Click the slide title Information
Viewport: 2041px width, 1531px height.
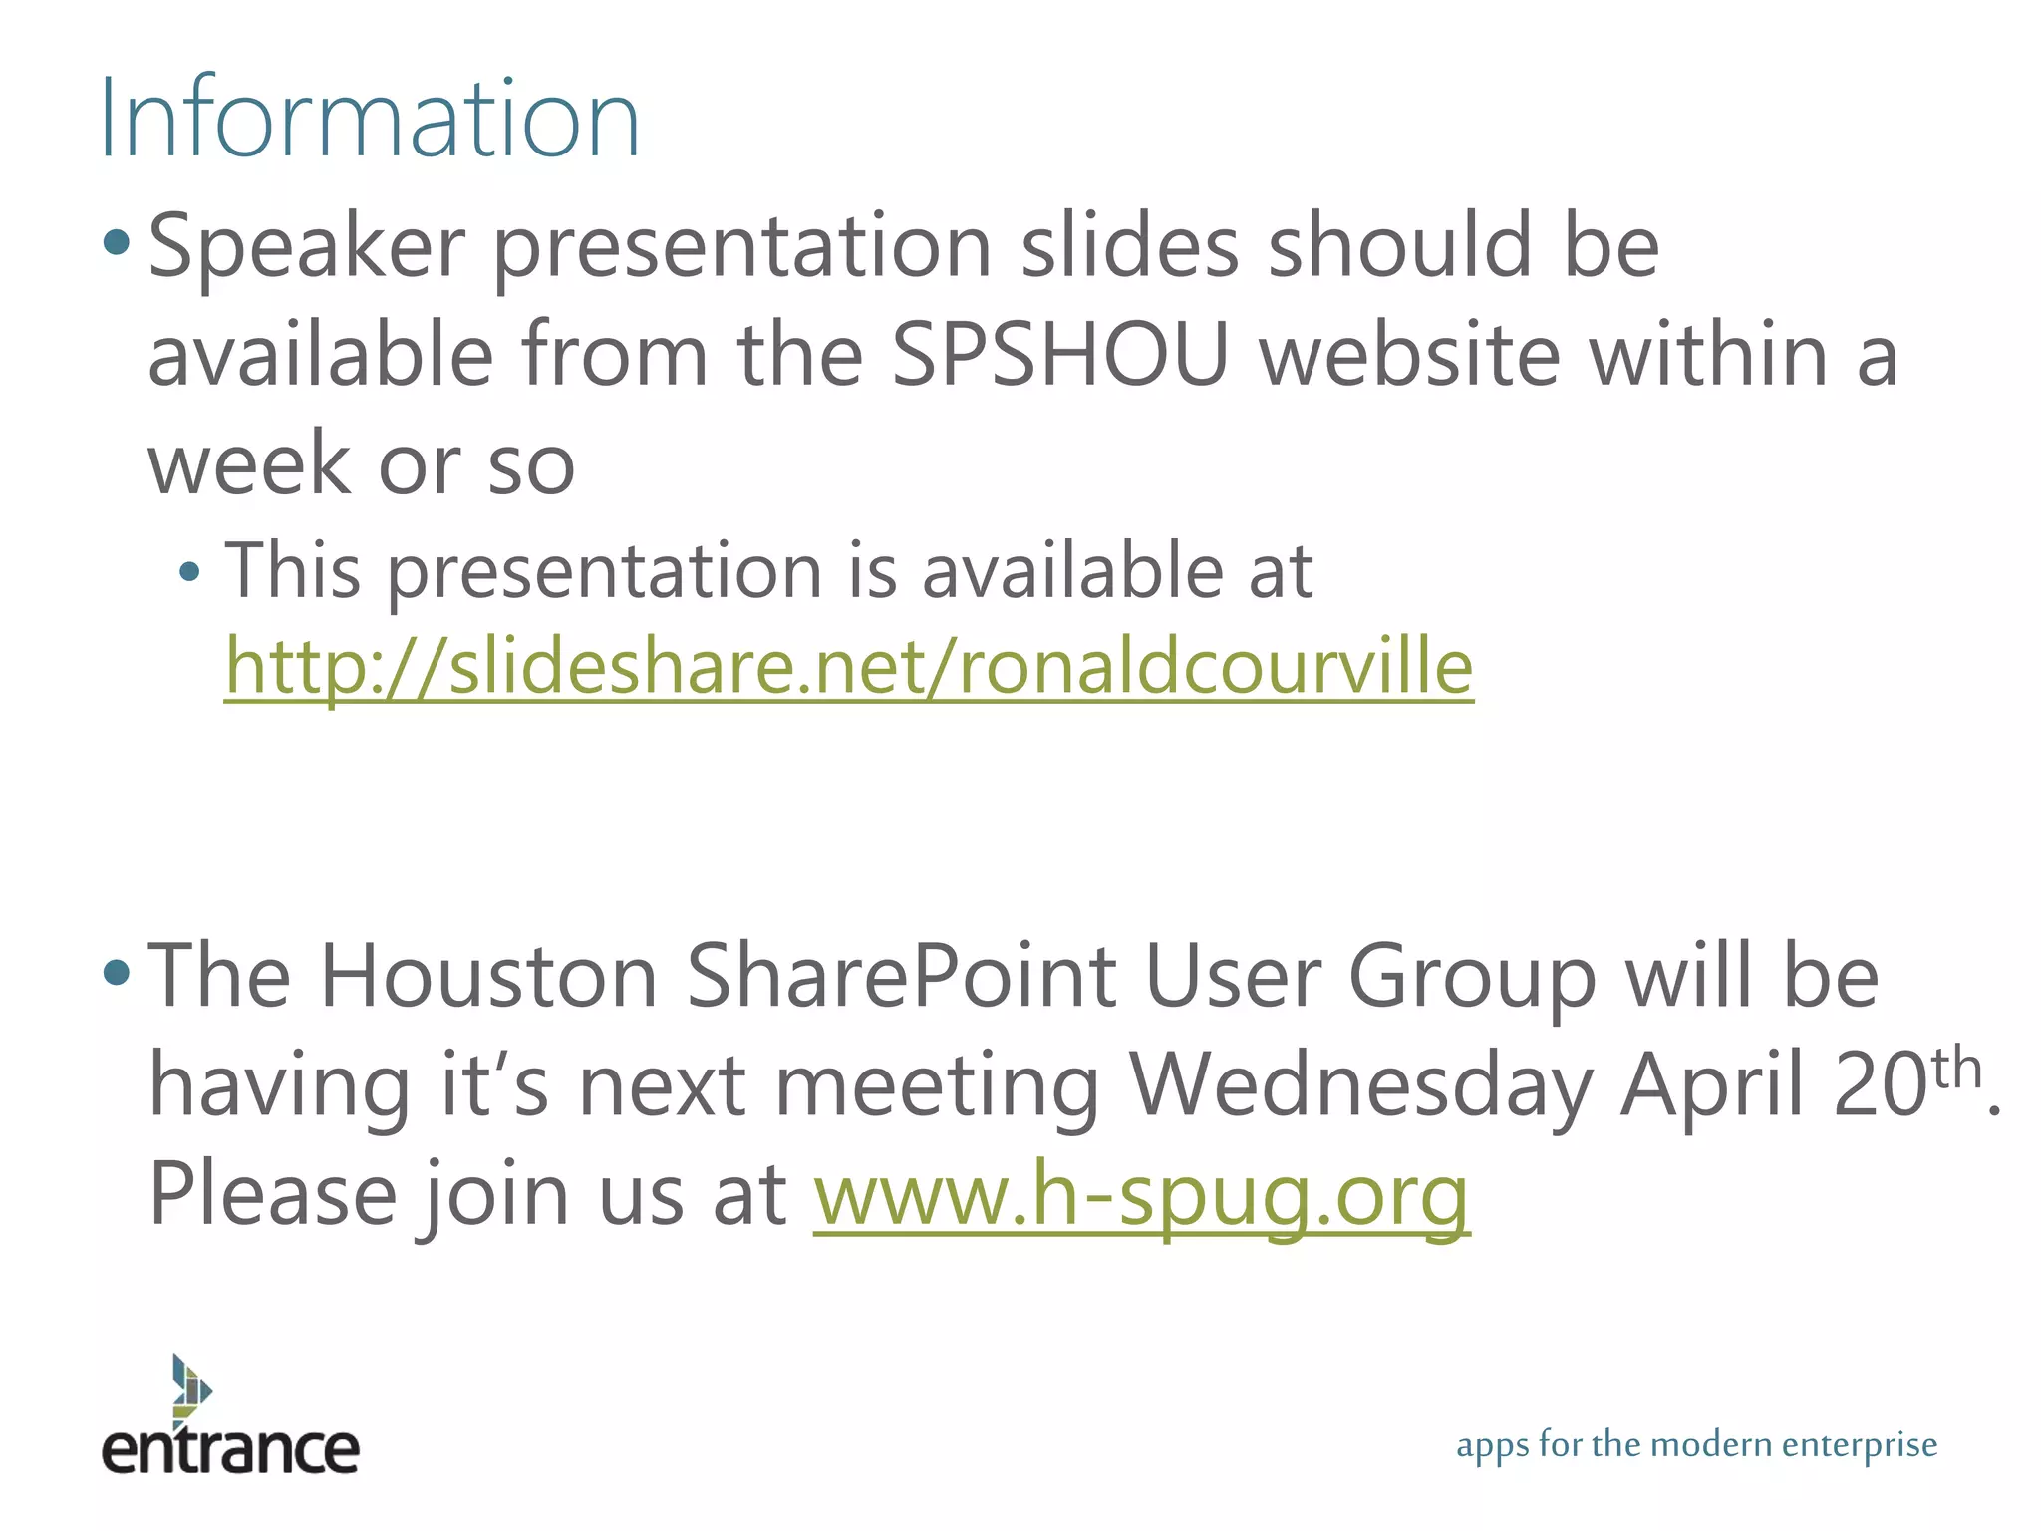369,120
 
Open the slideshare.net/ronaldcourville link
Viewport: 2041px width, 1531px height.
848,666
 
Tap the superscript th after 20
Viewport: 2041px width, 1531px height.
1956,1068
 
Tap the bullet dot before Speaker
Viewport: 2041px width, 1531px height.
117,242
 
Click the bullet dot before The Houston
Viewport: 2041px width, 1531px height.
117,972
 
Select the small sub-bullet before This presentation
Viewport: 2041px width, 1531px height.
189,572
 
